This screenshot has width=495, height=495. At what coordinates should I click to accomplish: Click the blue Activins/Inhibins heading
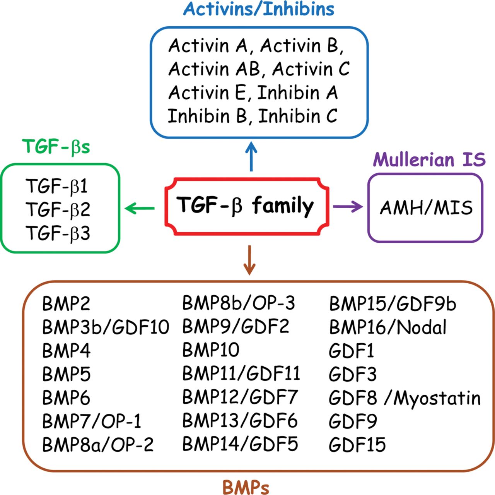click(x=259, y=9)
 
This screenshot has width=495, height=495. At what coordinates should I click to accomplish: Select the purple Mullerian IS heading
click(x=429, y=159)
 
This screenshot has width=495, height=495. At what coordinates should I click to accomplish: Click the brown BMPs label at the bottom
click(x=246, y=487)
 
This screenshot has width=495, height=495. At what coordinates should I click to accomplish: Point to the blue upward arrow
click(x=251, y=156)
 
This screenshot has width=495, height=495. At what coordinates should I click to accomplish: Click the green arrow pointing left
click(x=140, y=208)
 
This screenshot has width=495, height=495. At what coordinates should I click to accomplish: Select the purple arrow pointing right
click(x=348, y=207)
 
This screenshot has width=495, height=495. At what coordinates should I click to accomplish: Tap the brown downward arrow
click(x=249, y=260)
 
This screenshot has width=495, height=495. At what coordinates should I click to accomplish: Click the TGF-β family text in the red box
click(x=245, y=206)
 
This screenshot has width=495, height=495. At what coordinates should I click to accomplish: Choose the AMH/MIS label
click(x=426, y=207)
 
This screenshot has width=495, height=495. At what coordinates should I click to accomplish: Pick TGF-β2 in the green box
click(x=58, y=209)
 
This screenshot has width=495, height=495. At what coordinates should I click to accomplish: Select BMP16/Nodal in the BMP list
click(x=388, y=327)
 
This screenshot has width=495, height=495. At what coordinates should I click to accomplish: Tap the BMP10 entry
click(x=211, y=350)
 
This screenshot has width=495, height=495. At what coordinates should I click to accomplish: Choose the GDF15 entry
click(x=357, y=445)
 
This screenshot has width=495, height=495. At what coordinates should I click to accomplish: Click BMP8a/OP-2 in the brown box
click(x=98, y=444)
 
